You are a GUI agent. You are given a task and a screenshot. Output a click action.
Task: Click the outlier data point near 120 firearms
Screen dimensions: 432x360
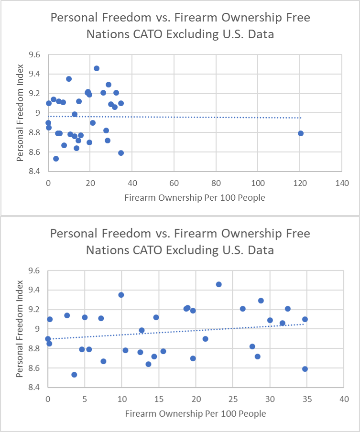(x=300, y=133)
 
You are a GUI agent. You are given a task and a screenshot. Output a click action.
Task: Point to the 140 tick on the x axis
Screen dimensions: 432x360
(x=342, y=183)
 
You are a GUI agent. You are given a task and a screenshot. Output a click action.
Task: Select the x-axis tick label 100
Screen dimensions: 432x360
(x=258, y=183)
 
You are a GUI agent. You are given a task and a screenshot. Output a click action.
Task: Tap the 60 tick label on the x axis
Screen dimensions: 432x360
(x=174, y=183)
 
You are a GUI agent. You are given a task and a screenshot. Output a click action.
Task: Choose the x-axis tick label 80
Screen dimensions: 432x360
(x=216, y=183)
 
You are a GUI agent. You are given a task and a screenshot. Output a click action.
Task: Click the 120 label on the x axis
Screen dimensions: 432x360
(x=300, y=183)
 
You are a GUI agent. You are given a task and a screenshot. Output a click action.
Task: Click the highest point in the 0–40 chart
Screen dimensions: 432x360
(x=218, y=284)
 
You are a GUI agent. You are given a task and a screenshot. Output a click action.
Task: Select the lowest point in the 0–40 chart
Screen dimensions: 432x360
(x=74, y=375)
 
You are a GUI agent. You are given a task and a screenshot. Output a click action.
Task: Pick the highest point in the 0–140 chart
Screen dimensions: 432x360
(x=97, y=68)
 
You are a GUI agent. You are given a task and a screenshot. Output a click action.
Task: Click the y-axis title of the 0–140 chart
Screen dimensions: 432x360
(x=21, y=113)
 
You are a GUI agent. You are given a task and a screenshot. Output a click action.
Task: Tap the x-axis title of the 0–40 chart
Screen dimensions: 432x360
(x=195, y=413)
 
